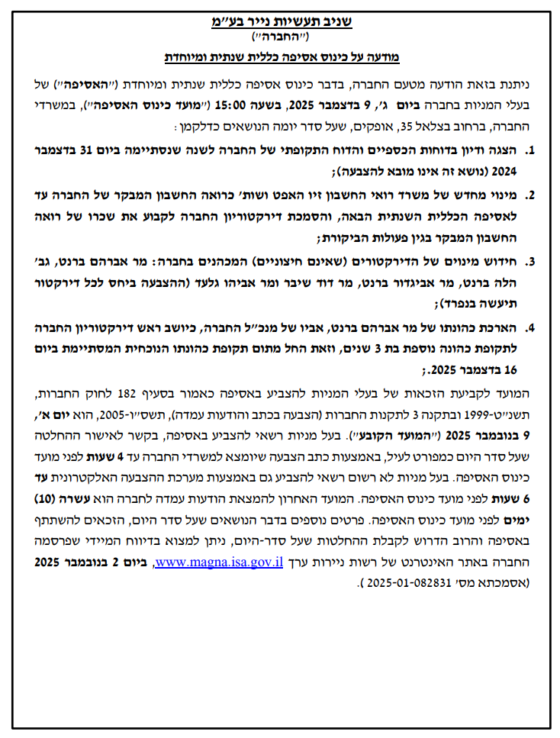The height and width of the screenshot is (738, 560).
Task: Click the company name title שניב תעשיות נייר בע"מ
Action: [x=279, y=22]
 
